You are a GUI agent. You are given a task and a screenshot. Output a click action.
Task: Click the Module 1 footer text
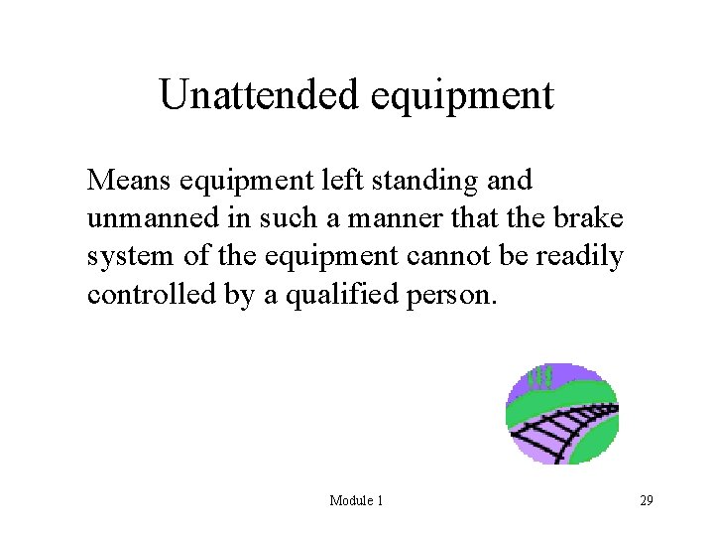356,500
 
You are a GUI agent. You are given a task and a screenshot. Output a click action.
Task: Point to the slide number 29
646,500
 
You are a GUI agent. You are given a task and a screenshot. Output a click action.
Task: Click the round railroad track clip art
562,414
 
